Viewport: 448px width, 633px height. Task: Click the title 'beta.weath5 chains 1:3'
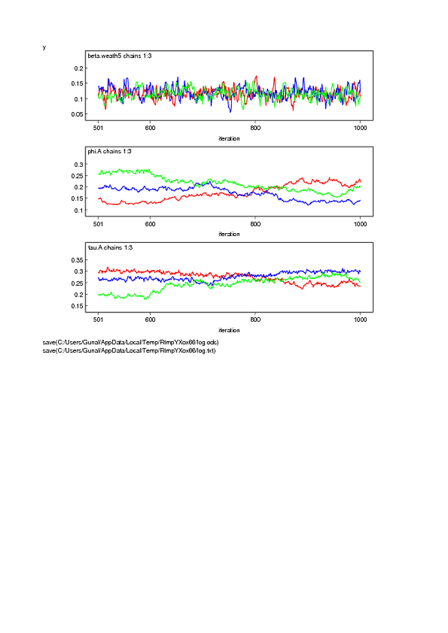coord(115,55)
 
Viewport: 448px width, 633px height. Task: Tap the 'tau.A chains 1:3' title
coord(109,247)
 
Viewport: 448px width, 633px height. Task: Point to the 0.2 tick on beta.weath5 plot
coord(78,68)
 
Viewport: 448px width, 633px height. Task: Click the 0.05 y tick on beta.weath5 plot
coord(76,114)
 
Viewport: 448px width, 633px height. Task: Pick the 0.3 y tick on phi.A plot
coord(78,165)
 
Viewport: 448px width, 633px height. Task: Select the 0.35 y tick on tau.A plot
coord(76,260)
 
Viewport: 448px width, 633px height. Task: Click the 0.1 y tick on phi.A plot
coord(78,211)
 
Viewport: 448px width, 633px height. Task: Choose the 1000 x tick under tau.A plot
coord(360,319)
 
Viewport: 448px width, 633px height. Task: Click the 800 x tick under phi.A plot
coord(255,224)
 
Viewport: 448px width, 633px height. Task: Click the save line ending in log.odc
coord(130,342)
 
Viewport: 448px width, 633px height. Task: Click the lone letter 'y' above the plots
coord(44,47)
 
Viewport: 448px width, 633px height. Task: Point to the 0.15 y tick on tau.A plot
coord(76,306)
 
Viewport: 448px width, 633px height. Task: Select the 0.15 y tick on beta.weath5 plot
coord(76,83)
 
